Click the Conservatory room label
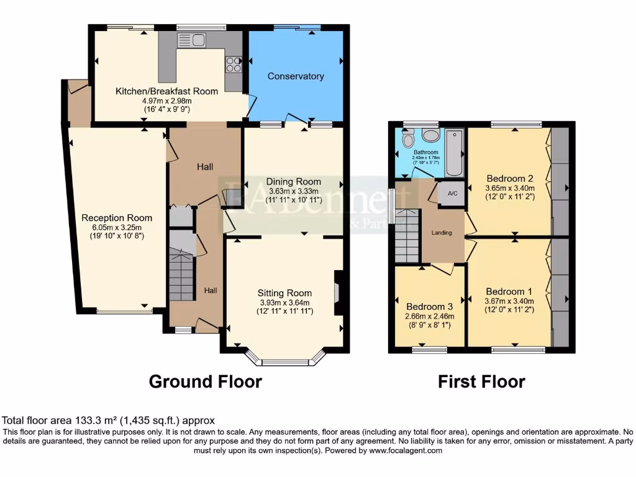[x=296, y=76]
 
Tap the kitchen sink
[x=191, y=41]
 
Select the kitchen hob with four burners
[x=234, y=63]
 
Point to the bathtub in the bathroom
[x=454, y=152]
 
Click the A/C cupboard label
[x=452, y=194]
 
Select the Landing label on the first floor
[x=442, y=233]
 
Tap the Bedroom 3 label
[x=429, y=307]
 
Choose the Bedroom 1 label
[x=509, y=291]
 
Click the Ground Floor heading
[x=205, y=381]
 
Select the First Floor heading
[x=481, y=381]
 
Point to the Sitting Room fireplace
[x=338, y=293]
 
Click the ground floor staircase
[x=181, y=275]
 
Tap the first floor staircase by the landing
[x=407, y=236]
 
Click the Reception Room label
[x=117, y=218]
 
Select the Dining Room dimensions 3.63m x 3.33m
[x=292, y=191]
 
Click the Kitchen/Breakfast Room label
[x=166, y=91]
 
